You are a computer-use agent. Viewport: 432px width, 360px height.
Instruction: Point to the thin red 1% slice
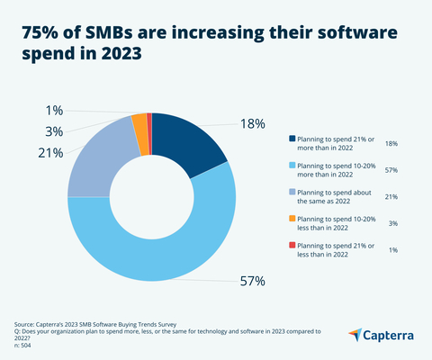[x=148, y=121]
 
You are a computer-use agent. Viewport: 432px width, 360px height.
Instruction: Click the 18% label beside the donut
[x=252, y=123]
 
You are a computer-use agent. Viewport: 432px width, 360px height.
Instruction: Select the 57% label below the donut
[x=252, y=281]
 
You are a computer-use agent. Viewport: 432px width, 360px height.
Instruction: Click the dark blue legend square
[x=292, y=139]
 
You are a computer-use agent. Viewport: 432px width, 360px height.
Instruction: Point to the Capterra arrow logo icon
[x=355, y=335]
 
